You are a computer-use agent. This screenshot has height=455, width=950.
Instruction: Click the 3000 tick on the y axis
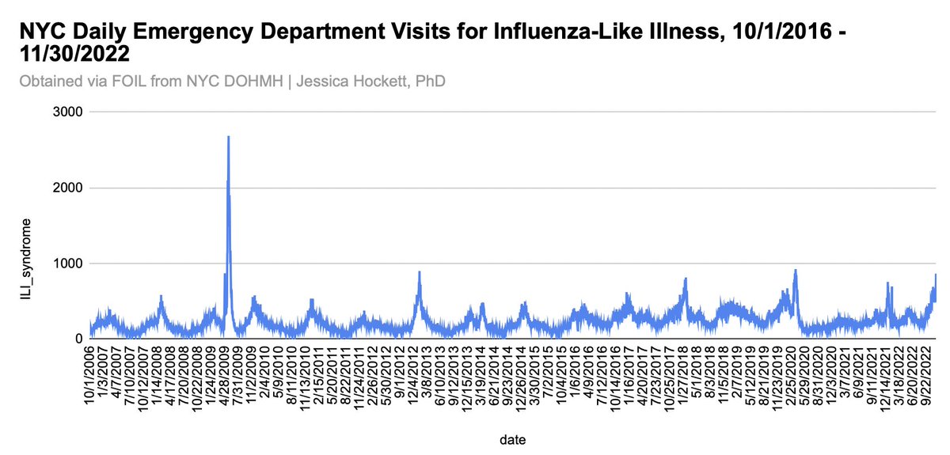(68, 112)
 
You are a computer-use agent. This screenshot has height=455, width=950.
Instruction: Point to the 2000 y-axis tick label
(68, 188)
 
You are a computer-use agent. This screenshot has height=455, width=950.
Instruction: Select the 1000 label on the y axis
(68, 264)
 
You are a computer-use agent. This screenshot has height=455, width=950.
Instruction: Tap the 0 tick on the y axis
(78, 339)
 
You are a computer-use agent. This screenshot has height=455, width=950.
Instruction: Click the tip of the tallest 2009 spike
(228, 137)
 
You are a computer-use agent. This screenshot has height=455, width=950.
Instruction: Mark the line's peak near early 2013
(419, 272)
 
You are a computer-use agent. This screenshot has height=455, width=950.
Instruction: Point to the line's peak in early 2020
(795, 271)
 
